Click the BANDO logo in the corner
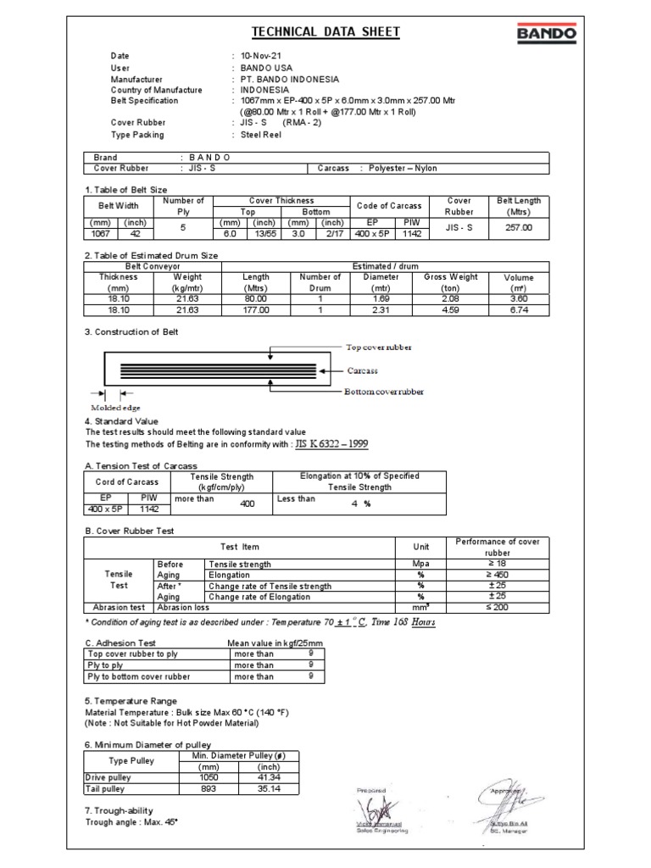tap(546, 34)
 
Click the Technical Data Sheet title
tap(325, 32)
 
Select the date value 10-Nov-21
tap(260, 55)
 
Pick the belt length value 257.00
tap(518, 228)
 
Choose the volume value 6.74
tap(518, 310)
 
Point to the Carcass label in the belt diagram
tap(363, 370)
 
